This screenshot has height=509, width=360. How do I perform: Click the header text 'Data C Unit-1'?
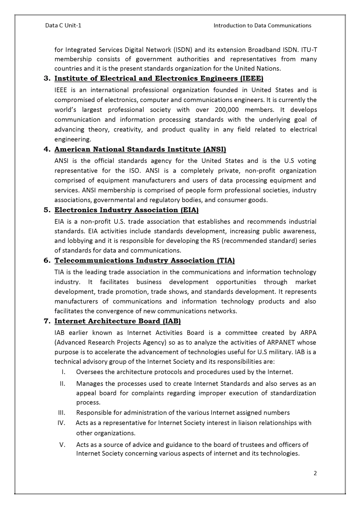pyautogui.click(x=63, y=25)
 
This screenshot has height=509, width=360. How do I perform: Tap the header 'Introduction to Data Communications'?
pyautogui.click(x=262, y=25)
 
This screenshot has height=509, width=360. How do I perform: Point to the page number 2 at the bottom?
pyautogui.click(x=315, y=473)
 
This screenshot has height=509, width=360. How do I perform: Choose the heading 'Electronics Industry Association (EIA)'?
pyautogui.click(x=126, y=210)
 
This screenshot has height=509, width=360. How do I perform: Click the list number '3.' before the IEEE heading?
pyautogui.click(x=47, y=78)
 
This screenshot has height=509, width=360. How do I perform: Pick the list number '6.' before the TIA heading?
pyautogui.click(x=47, y=260)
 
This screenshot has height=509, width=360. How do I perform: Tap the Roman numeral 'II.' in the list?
pyautogui.click(x=62, y=383)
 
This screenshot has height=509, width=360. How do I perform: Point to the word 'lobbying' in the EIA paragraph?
pyautogui.click(x=81, y=241)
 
